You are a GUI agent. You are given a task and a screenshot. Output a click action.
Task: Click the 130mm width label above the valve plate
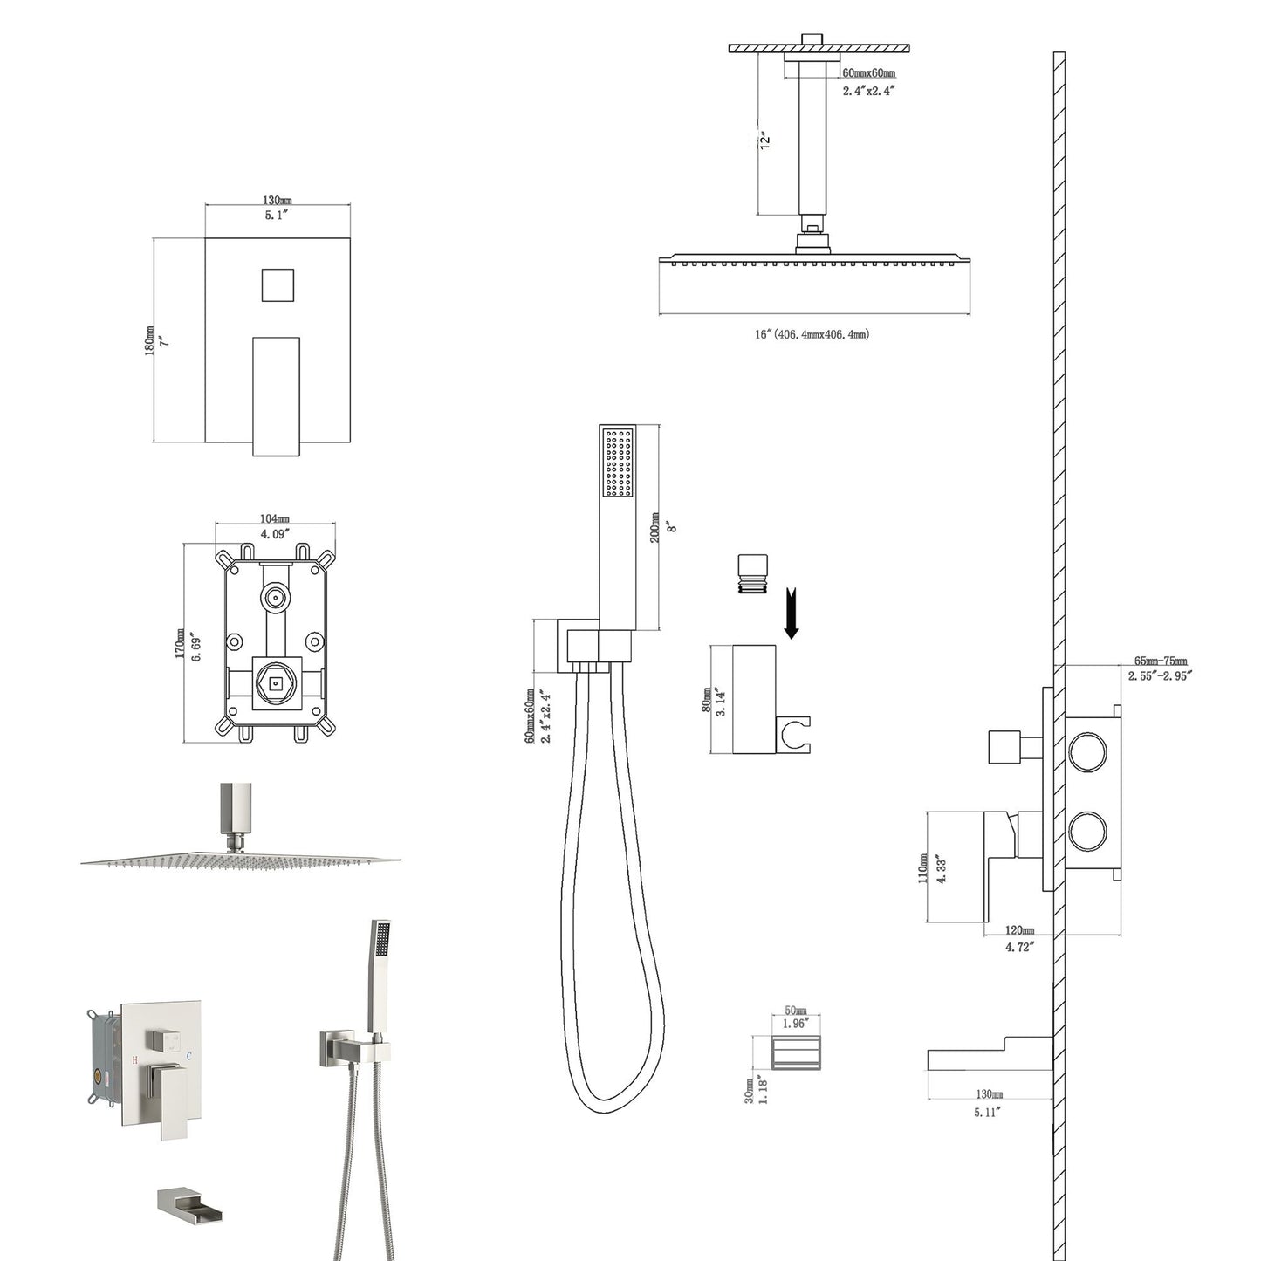pyautogui.click(x=278, y=201)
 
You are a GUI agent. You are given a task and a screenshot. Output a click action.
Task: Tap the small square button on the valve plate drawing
pyautogui.click(x=278, y=284)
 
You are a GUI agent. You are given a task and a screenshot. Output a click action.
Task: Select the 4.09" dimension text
pyautogui.click(x=275, y=533)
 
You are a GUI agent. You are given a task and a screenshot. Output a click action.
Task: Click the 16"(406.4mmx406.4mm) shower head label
pyautogui.click(x=812, y=334)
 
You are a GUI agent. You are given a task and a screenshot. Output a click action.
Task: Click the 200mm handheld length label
pyautogui.click(x=655, y=528)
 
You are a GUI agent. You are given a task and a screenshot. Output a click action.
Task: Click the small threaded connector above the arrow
pyautogui.click(x=751, y=573)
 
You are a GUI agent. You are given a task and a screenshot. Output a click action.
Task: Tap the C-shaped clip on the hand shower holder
pyautogui.click(x=797, y=734)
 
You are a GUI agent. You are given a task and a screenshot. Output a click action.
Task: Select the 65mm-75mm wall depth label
pyautogui.click(x=1160, y=661)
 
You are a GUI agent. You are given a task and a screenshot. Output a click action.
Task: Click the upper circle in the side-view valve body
pyautogui.click(x=1087, y=752)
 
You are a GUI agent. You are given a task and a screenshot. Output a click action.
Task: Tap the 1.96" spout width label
pyautogui.click(x=795, y=1023)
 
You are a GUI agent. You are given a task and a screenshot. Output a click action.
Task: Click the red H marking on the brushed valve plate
pyautogui.click(x=134, y=1059)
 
